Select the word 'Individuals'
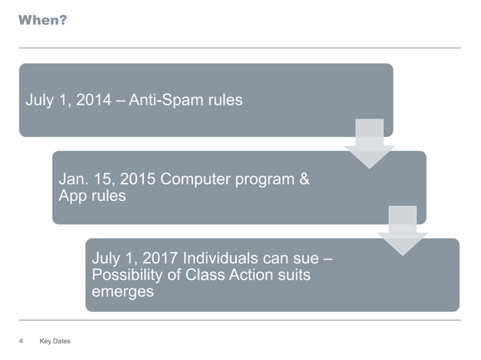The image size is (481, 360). pos(213,260)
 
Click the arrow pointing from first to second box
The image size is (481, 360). pos(369,143)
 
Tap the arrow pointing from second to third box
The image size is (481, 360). pos(403,230)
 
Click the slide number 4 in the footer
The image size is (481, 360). pos(21,341)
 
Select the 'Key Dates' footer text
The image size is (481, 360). pos(54,342)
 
